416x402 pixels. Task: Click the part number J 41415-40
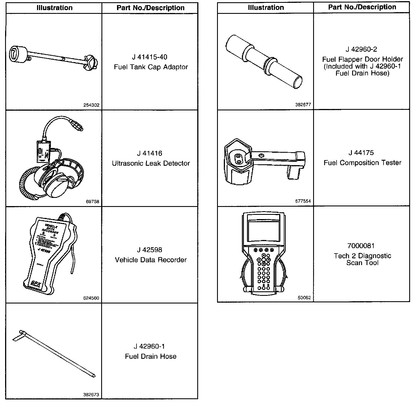pos(149,57)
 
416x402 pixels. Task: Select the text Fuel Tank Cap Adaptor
pos(151,67)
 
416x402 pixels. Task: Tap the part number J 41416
pos(149,154)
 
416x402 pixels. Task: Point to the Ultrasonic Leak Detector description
pos(151,163)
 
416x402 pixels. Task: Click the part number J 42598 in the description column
pos(149,250)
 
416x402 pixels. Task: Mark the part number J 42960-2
pos(361,49)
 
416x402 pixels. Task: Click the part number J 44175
pos(361,153)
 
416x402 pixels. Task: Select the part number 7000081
pos(361,246)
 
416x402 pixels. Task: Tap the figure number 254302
pos(91,105)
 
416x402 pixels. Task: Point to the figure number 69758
pos(93,202)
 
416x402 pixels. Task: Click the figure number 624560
pos(91,298)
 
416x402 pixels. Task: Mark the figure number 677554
pos(303,201)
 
